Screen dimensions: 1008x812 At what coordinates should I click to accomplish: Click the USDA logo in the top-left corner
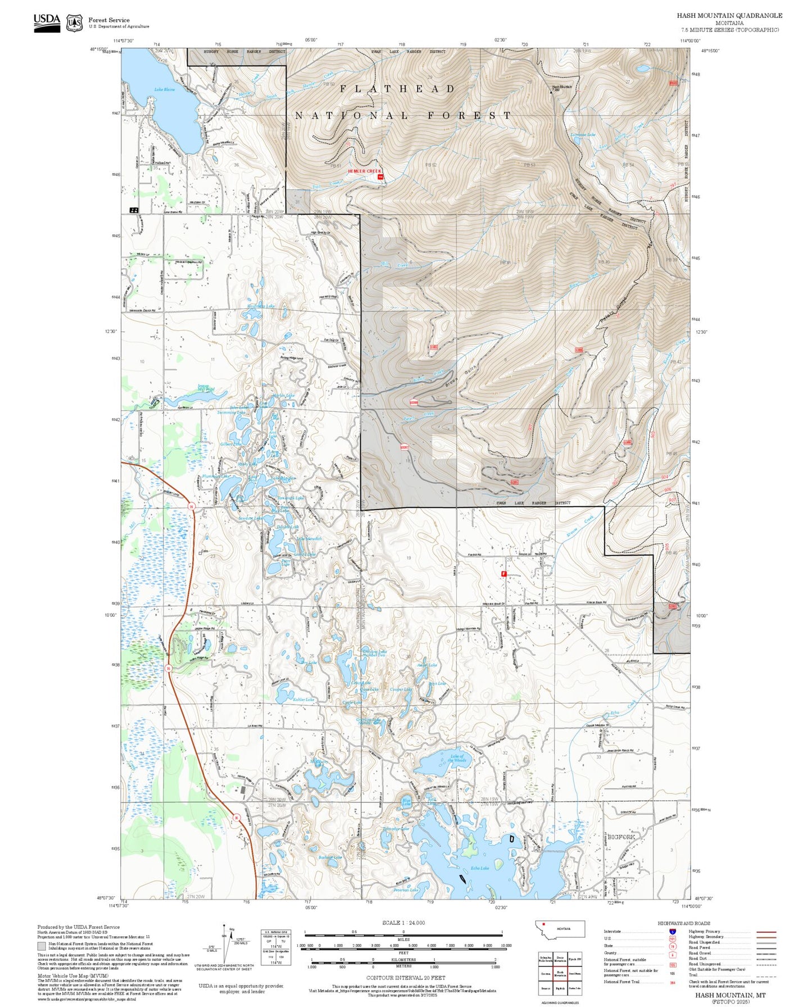click(47, 22)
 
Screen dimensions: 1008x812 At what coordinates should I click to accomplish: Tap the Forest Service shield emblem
click(74, 22)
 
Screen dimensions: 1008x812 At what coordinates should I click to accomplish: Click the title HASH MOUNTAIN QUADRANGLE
click(729, 15)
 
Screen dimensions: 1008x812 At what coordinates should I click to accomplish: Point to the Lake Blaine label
click(165, 89)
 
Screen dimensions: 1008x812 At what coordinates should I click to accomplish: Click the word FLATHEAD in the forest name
click(397, 89)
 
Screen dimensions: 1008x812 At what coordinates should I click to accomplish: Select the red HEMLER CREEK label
click(364, 171)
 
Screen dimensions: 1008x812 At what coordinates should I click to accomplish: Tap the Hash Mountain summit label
click(561, 87)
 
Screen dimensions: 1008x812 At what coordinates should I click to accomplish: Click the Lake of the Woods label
click(457, 758)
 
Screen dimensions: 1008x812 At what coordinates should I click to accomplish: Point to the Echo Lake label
click(479, 868)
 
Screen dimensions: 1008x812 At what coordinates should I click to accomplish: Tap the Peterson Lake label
click(406, 890)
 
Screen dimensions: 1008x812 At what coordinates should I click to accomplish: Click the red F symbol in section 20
click(503, 574)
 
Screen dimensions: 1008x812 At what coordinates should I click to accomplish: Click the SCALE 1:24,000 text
click(403, 923)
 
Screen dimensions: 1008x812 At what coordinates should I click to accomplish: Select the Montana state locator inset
click(560, 929)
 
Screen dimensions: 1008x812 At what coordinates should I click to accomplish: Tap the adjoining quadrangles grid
click(560, 973)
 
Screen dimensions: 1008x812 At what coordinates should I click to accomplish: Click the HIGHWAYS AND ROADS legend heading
click(683, 923)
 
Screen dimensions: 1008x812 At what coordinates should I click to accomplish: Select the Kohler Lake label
click(303, 700)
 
